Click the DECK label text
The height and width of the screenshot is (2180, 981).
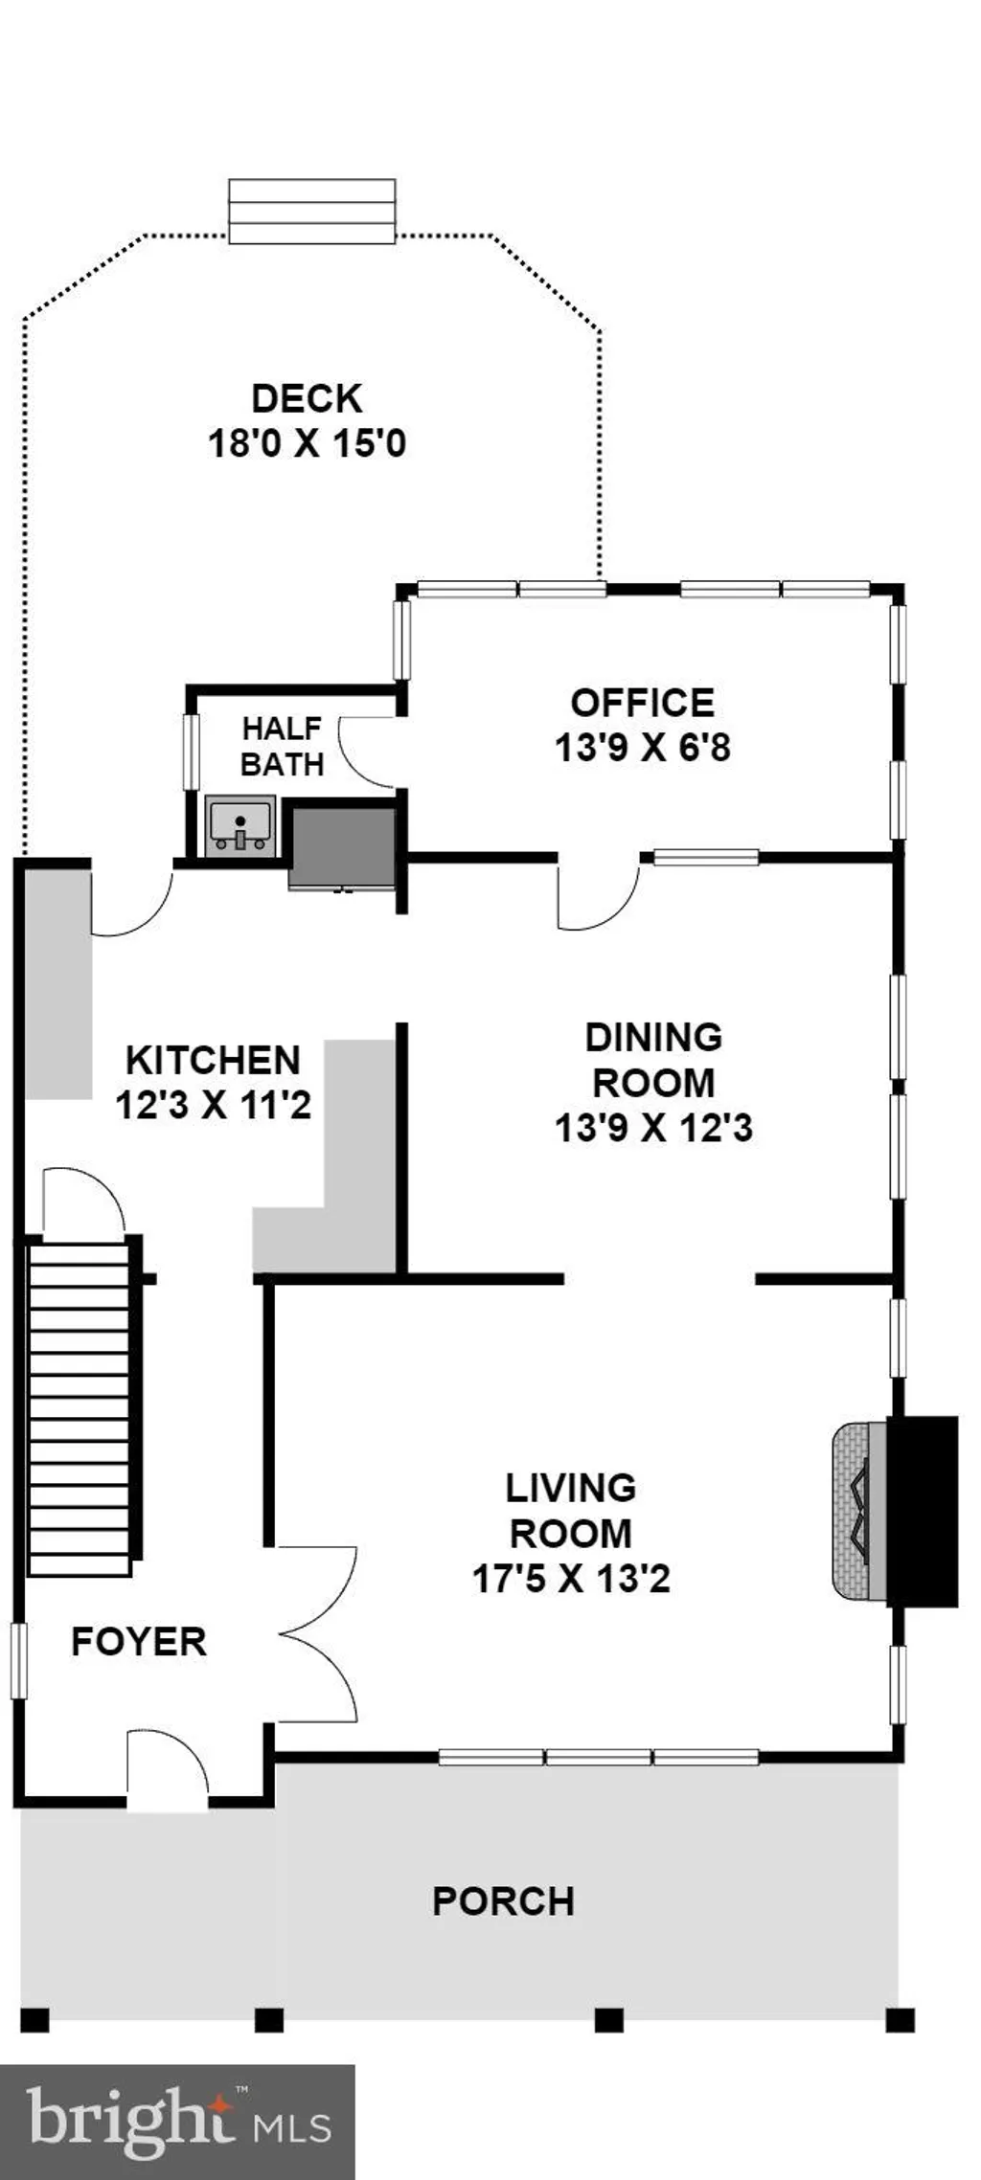(307, 398)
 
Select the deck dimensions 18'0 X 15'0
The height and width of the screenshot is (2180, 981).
(307, 443)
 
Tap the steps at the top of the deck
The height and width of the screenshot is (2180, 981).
(312, 212)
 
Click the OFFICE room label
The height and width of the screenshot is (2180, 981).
(642, 703)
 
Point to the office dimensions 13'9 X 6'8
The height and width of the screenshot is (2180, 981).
(642, 747)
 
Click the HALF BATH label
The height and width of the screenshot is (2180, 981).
(282, 746)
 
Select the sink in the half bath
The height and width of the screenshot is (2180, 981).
(240, 826)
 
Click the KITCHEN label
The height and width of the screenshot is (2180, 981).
(213, 1060)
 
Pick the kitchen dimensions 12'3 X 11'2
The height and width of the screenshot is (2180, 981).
(213, 1105)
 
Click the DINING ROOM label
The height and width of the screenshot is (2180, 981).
(653, 1060)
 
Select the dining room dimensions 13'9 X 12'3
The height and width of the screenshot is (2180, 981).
(653, 1127)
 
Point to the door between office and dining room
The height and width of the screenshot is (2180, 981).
(599, 894)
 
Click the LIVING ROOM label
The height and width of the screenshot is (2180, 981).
(570, 1510)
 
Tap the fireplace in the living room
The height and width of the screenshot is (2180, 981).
(894, 1511)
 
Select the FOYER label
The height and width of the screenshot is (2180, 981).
(139, 1641)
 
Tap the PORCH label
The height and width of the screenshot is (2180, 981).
(503, 1900)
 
